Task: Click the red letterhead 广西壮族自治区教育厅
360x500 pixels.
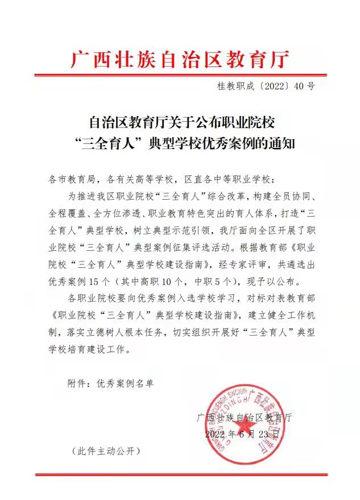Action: pyautogui.click(x=180, y=59)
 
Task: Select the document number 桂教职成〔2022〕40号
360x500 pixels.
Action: pyautogui.click(x=266, y=86)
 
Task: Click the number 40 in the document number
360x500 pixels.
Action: pyautogui.click(x=299, y=86)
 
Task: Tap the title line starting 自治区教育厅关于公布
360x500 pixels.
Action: pyautogui.click(x=180, y=122)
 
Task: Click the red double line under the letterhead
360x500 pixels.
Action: pyautogui.click(x=180, y=75)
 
